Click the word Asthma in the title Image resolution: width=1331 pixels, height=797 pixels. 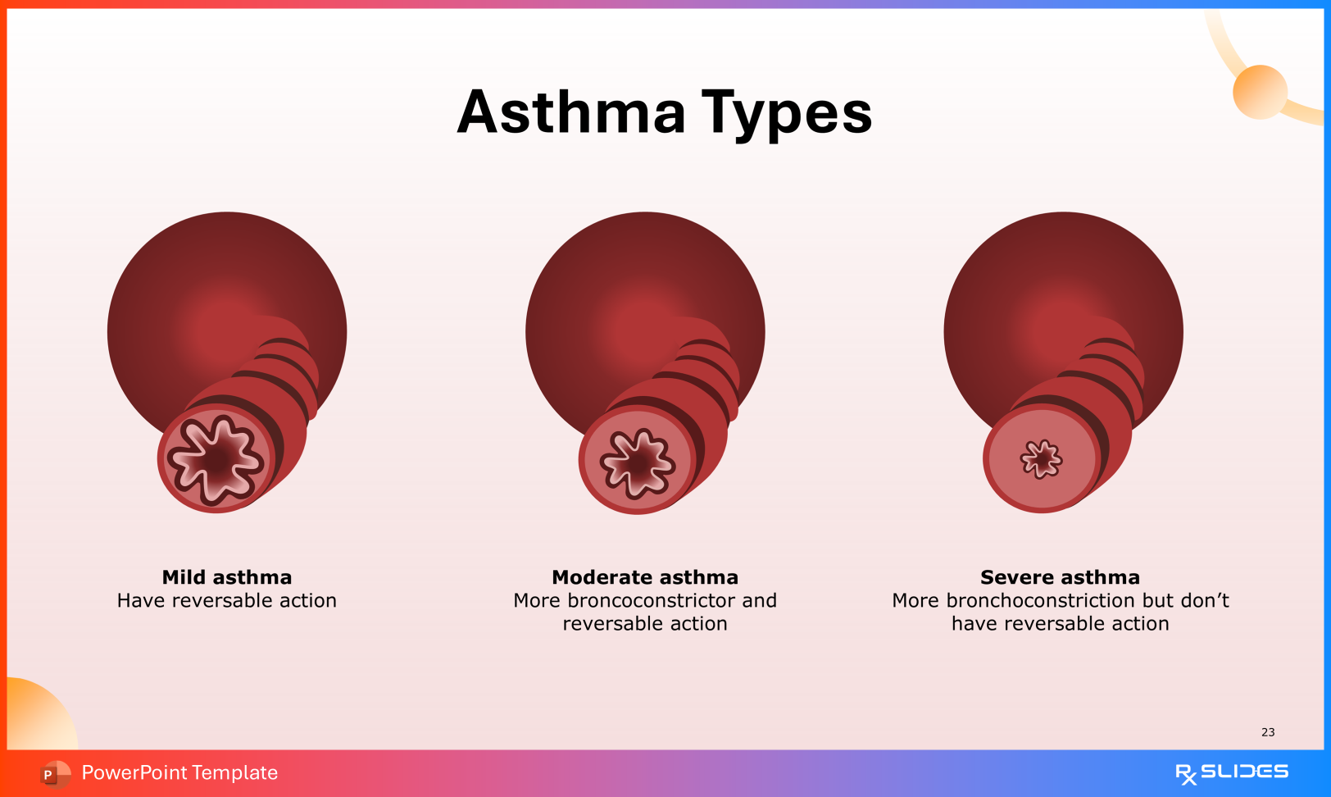pyautogui.click(x=571, y=112)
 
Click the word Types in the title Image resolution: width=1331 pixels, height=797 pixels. pyautogui.click(x=787, y=114)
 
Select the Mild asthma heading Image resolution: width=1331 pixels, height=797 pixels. pyautogui.click(x=227, y=577)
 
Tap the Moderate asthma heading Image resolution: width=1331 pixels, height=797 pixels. pyautogui.click(x=645, y=577)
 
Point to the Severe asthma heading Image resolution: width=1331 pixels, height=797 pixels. pyautogui.click(x=1060, y=577)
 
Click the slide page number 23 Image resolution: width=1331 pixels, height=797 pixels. pyautogui.click(x=1268, y=732)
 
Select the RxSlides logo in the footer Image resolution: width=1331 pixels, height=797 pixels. pyautogui.click(x=1231, y=772)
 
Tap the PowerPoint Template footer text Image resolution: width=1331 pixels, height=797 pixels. pyautogui.click(x=179, y=772)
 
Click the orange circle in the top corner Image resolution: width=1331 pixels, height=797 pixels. pyautogui.click(x=1260, y=92)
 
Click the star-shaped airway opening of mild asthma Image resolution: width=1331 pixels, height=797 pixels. pyautogui.click(x=216, y=459)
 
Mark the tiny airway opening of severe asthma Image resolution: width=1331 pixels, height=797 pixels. pyautogui.click(x=1041, y=458)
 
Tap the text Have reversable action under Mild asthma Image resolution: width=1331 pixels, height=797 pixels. pyautogui.click(x=227, y=601)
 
